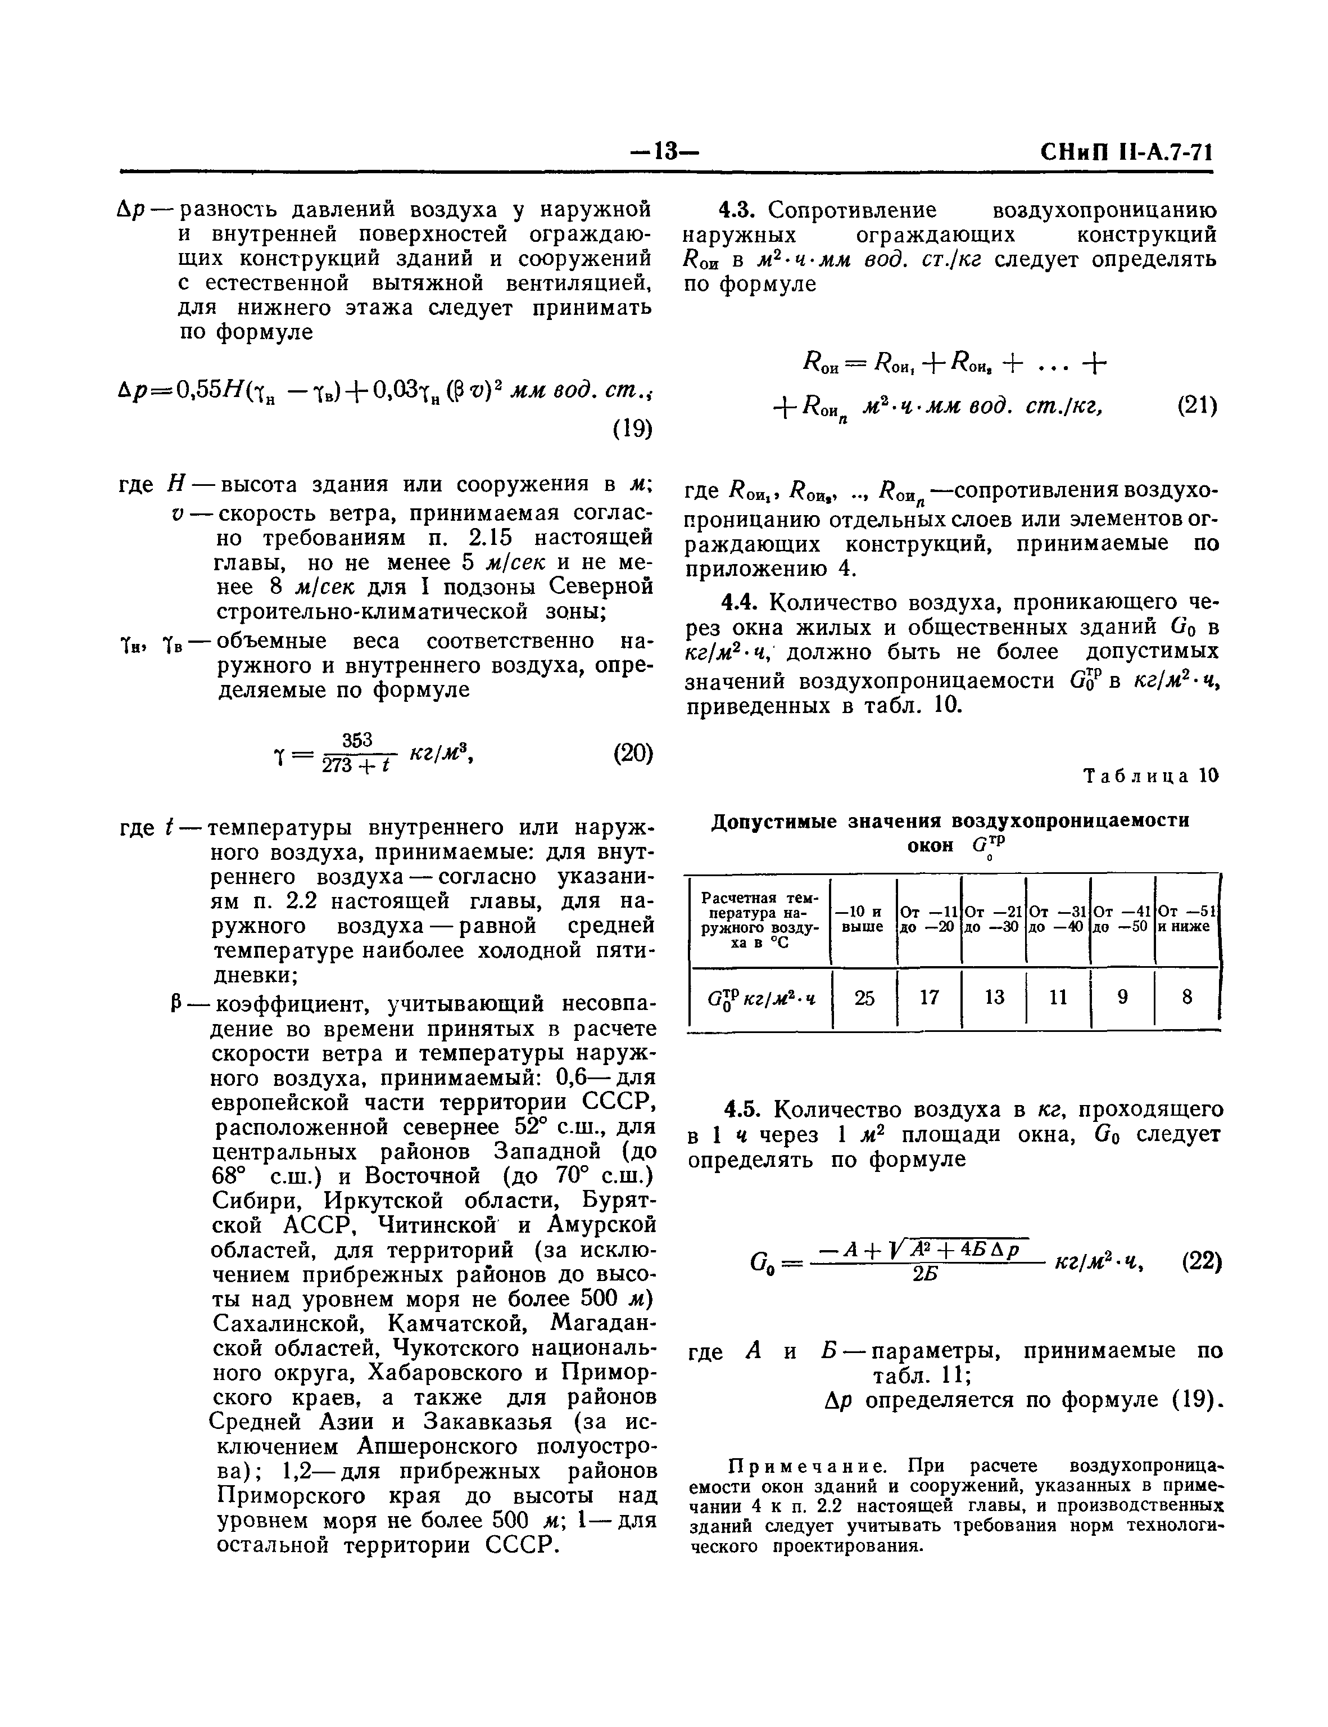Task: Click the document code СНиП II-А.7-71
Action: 1126,152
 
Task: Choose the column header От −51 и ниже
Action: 1186,919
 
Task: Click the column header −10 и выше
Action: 863,919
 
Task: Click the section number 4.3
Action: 739,210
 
